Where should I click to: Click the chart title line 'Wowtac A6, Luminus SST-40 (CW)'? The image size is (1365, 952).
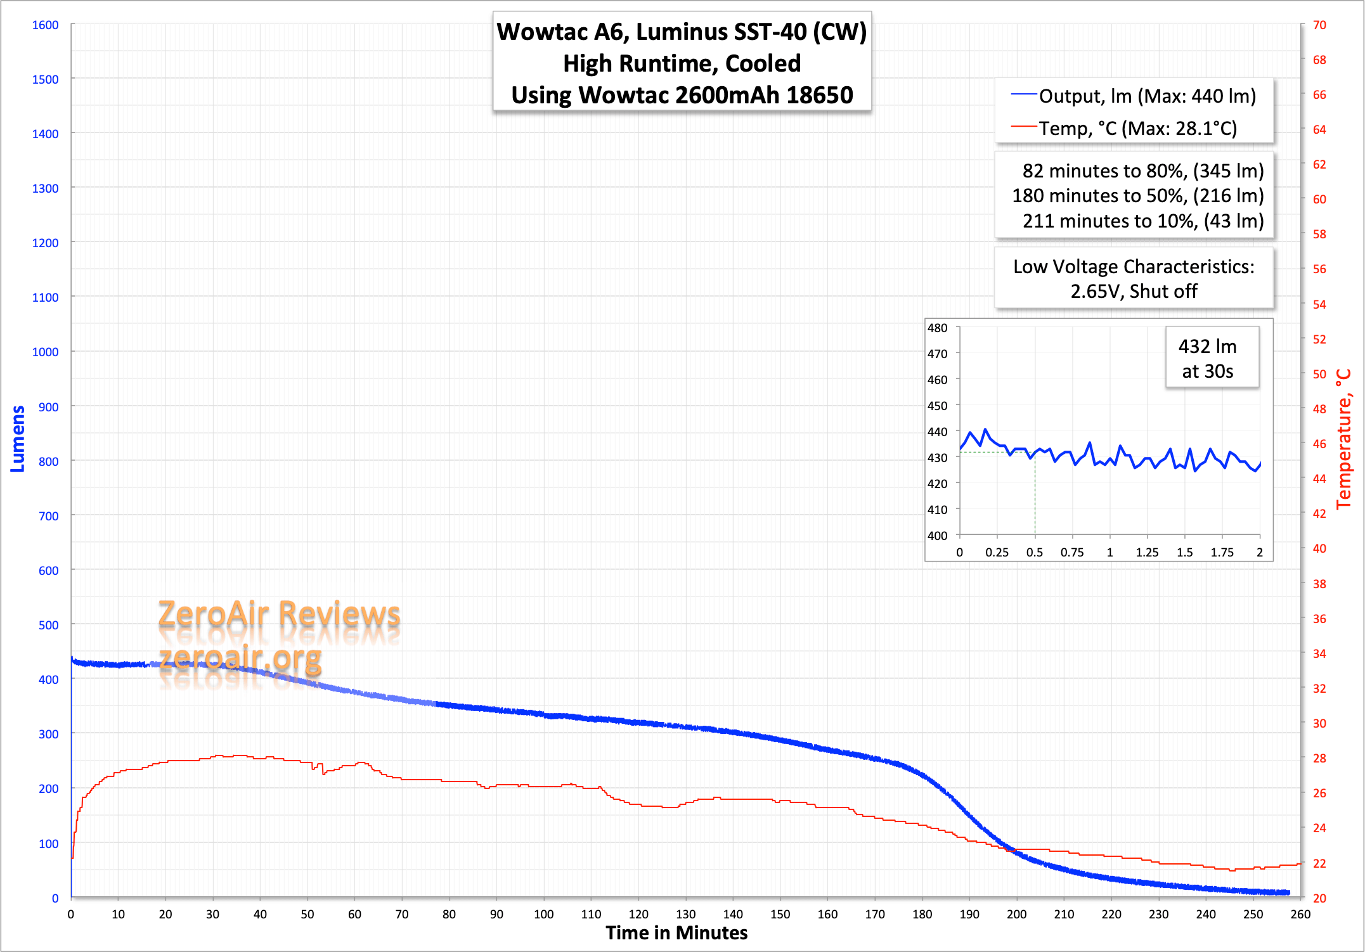682,32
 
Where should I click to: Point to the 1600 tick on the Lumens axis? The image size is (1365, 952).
45,25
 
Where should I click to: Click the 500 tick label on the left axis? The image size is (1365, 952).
48,625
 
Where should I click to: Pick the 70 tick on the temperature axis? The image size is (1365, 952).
1319,25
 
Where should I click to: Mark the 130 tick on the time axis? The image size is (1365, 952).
685,914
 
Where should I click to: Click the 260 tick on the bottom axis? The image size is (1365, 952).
1300,914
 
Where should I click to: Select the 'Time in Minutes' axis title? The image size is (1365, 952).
676,933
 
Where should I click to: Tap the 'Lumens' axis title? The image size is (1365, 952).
18,439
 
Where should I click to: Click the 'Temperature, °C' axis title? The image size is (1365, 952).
1344,439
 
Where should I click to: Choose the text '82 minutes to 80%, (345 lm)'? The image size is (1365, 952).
1142,171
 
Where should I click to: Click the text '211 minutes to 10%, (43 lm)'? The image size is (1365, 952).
1142,221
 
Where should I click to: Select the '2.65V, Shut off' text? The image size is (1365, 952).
1134,292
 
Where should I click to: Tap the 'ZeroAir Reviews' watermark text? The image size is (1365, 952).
279,614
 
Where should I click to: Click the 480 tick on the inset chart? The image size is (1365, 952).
937,328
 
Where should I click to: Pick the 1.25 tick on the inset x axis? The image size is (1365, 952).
1147,552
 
